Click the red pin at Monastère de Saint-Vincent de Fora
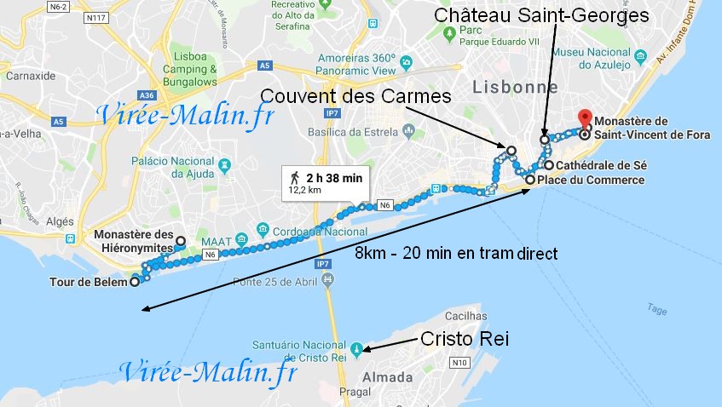[584, 118]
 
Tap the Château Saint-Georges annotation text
[541, 15]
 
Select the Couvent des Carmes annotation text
[355, 96]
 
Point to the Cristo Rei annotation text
[465, 339]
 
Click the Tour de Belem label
[88, 282]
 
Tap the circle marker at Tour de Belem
[135, 283]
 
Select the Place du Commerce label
[590, 181]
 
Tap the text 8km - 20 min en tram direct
[456, 253]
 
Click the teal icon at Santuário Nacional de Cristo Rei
[357, 347]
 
